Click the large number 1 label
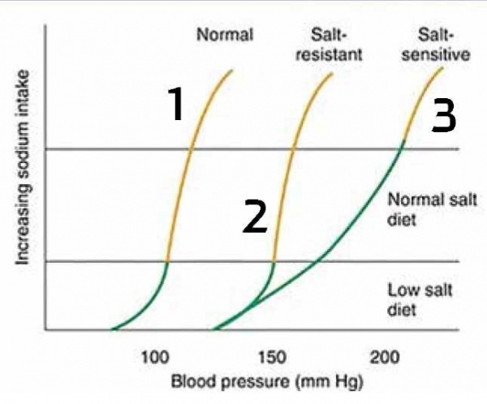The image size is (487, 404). [x=175, y=105]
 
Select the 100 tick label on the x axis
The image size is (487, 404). [x=153, y=357]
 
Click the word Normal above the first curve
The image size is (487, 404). [x=225, y=35]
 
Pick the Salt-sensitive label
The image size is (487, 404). [x=444, y=45]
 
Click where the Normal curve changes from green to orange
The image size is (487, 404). [x=166, y=261]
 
